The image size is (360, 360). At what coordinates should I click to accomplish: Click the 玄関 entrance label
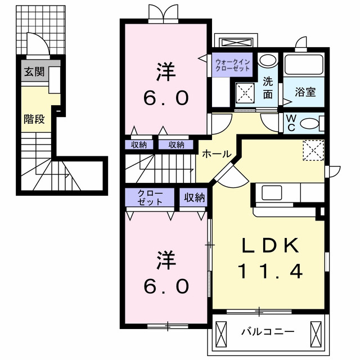click(x=31, y=71)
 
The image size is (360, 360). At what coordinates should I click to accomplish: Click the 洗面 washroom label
click(x=268, y=88)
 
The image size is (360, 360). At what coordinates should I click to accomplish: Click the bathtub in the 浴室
click(x=304, y=66)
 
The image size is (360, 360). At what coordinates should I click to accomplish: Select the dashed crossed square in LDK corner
click(x=312, y=150)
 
